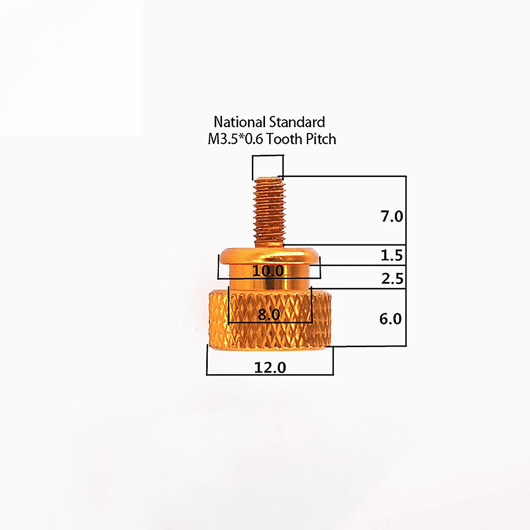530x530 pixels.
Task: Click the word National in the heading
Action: [240, 122]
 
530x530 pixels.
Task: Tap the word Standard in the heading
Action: [297, 122]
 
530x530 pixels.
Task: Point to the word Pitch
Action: [321, 139]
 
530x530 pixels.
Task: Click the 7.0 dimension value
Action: [392, 216]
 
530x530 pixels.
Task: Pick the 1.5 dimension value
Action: [392, 255]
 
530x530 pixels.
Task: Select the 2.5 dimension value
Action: [392, 279]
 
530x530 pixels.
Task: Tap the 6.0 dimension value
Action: [391, 319]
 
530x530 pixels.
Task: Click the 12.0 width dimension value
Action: [270, 367]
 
